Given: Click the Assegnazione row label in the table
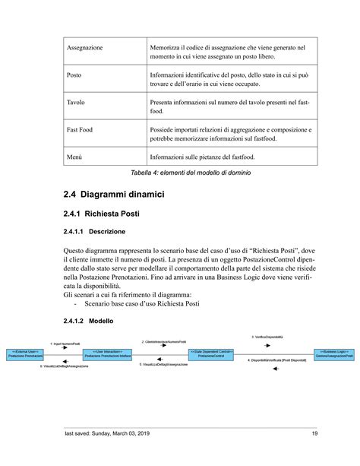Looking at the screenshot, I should (x=85, y=48).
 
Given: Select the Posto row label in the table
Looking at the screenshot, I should (x=74, y=76).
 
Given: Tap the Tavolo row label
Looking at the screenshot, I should (x=76, y=103).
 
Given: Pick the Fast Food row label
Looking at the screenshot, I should (x=81, y=130).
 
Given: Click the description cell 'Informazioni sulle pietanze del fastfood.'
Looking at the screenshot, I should (x=202, y=157).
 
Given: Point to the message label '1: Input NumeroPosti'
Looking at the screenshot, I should (x=65, y=344).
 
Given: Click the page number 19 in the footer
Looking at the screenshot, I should (x=314, y=434).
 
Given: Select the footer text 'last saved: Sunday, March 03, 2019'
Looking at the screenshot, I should (x=110, y=434).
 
